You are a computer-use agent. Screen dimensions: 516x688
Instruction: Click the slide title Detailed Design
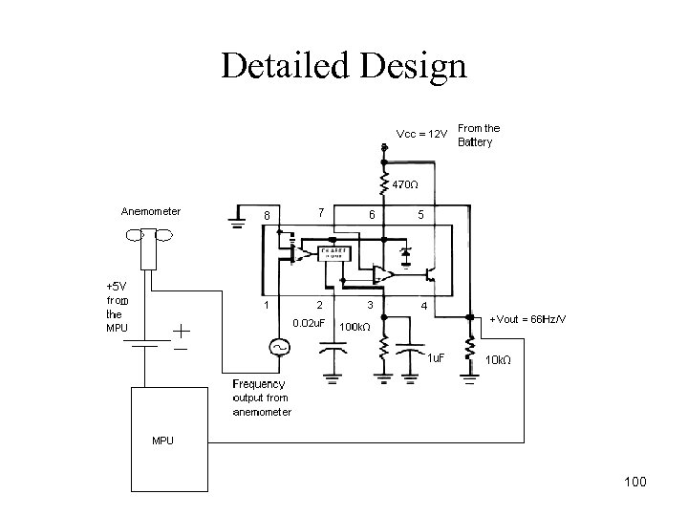pos(343,65)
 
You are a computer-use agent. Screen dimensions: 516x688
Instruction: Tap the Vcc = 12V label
pos(420,134)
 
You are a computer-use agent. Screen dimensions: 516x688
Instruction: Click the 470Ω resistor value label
pos(406,183)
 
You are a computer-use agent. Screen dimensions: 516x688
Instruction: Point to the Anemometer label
pos(151,210)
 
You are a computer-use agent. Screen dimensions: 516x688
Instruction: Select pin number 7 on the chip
pos(321,211)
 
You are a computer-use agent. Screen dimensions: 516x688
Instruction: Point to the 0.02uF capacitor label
pos(310,324)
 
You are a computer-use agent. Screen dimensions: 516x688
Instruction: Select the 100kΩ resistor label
pos(355,326)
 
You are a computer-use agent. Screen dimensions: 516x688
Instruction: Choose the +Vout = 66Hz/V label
pos(527,318)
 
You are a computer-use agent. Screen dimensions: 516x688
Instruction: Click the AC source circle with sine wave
pos(282,348)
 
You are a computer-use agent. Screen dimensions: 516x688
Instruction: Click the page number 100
pos(633,481)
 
